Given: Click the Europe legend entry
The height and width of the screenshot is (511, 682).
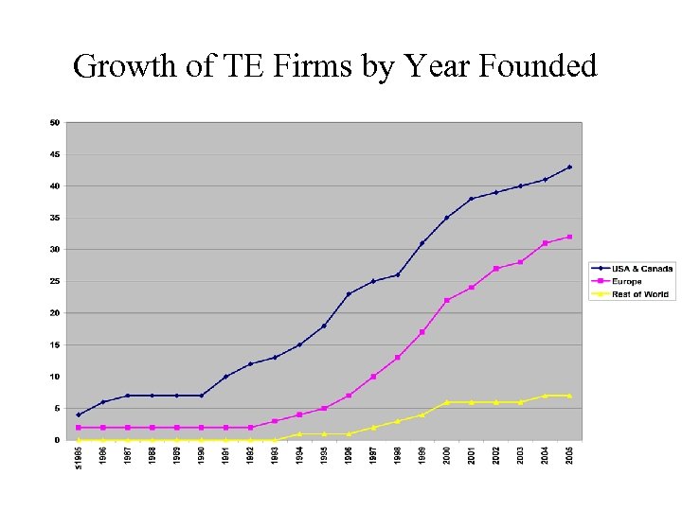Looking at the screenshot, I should (x=626, y=281).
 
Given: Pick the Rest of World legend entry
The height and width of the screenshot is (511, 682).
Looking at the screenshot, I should (x=640, y=294).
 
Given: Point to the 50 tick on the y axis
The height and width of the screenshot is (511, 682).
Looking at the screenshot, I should (x=55, y=122).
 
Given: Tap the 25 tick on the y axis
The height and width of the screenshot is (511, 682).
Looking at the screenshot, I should (x=55, y=281).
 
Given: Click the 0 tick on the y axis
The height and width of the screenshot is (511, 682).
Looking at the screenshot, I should (x=57, y=440).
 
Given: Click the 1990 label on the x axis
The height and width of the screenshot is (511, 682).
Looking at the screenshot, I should (x=201, y=455).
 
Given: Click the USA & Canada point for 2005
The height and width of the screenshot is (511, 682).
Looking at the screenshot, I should (x=569, y=167).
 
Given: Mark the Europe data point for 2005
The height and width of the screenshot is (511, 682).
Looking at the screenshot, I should (x=569, y=237).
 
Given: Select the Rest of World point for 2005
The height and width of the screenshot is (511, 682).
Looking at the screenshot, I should (x=569, y=396).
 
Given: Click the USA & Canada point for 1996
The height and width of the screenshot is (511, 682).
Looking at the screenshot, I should (x=349, y=293).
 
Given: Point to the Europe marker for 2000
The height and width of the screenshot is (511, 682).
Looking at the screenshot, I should (x=447, y=300).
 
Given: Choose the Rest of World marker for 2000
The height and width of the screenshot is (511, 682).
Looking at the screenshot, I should (x=447, y=402).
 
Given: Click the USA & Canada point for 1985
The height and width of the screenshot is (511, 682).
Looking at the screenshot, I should (x=79, y=414).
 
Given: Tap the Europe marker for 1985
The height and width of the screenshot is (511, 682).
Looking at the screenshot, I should (x=79, y=428).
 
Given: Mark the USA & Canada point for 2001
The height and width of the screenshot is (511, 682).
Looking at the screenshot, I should (x=471, y=199).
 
